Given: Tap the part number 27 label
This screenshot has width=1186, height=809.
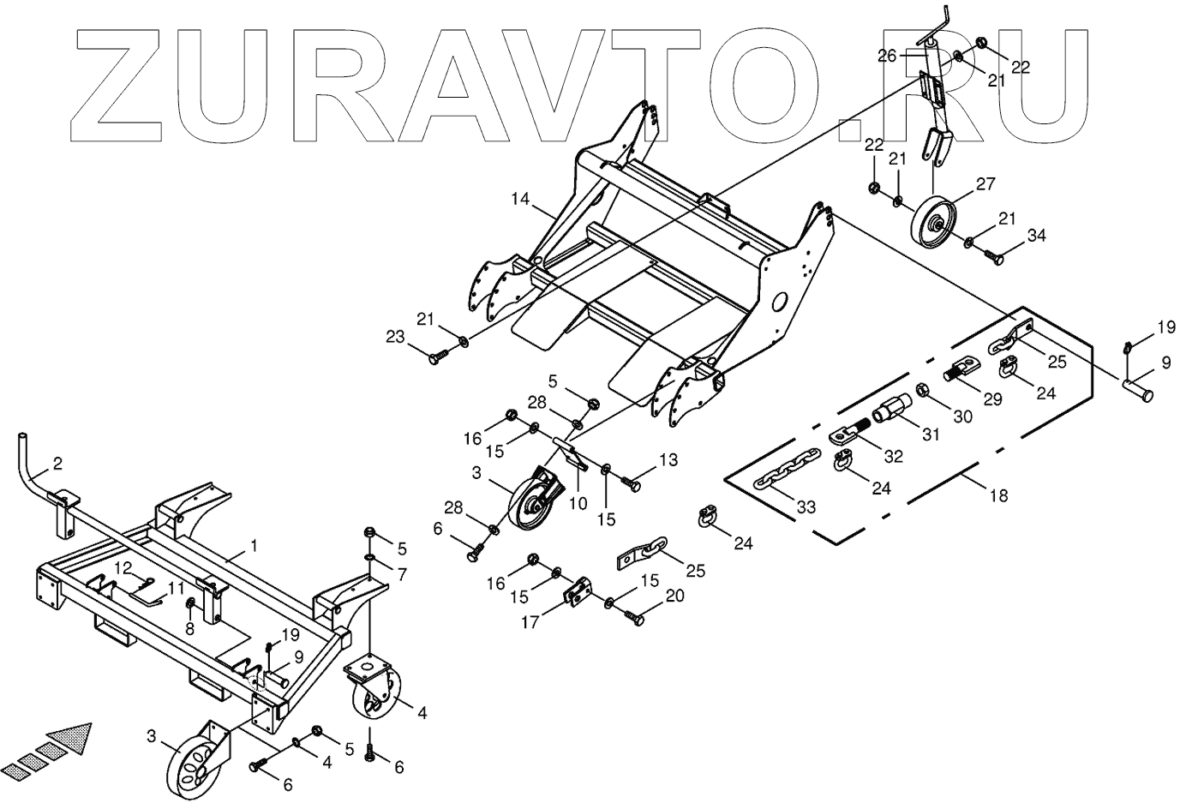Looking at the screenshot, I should pyautogui.click(x=985, y=184).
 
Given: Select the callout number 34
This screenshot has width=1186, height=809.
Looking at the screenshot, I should pyautogui.click(x=1037, y=236).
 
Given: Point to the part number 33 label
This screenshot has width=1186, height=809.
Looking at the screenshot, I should pyautogui.click(x=806, y=506).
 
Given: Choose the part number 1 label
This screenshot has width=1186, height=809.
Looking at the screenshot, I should pyautogui.click(x=254, y=545).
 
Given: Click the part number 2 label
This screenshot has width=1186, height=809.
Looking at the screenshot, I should pyautogui.click(x=57, y=464).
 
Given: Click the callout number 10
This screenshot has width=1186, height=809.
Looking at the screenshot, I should pyautogui.click(x=578, y=504).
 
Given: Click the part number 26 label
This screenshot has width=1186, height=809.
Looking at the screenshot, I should pyautogui.click(x=886, y=57).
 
